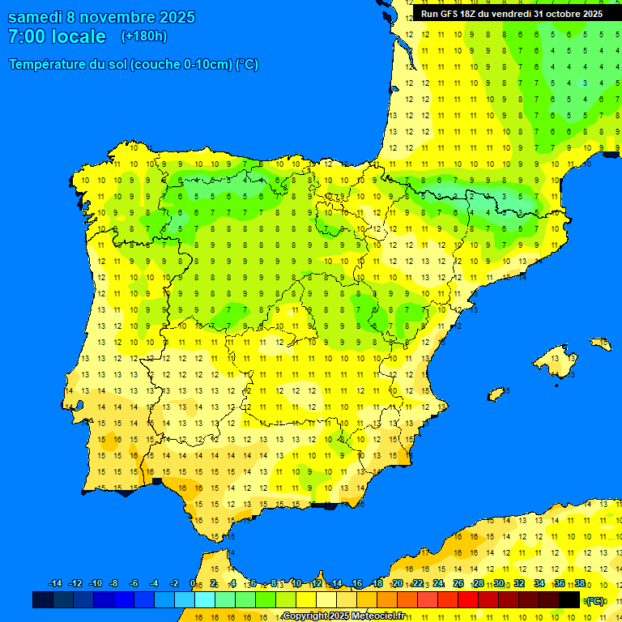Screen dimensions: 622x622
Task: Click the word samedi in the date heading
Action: pyautogui.click(x=38, y=17)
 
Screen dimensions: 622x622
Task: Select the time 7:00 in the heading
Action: pyautogui.click(x=26, y=36)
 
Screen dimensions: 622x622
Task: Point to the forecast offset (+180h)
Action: pyautogui.click(x=143, y=36)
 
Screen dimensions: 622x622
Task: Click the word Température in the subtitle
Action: pyautogui.click(x=50, y=65)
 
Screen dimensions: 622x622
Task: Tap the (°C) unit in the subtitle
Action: pyautogui.click(x=246, y=65)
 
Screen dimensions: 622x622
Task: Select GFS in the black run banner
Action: pyautogui.click(x=449, y=14)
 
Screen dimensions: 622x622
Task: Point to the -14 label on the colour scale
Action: pyautogui.click(x=54, y=584)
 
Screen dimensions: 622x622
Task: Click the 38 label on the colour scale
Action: pyautogui.click(x=580, y=584)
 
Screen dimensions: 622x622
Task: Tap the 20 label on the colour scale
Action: pyautogui.click(x=398, y=584)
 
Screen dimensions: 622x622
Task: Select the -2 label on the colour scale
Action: pyautogui.click(x=173, y=584)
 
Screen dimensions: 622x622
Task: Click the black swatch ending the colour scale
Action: pyautogui.click(x=569, y=599)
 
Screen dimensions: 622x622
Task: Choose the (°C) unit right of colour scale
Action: pyautogui.click(x=595, y=600)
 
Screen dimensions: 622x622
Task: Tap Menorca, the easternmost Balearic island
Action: pyautogui.click(x=600, y=343)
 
